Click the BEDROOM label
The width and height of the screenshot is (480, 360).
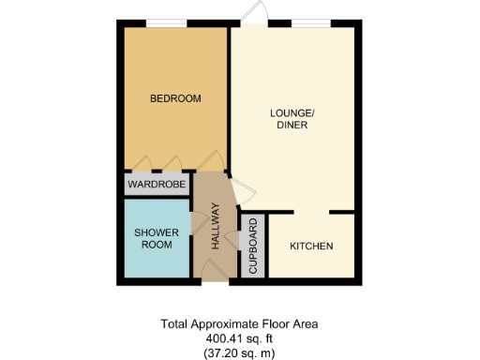175,98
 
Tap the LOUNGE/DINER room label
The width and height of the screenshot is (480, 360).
292,121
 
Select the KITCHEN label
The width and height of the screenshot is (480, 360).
311,246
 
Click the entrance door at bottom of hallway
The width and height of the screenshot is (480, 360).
214,272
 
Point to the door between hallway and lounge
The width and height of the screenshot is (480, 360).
238,191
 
